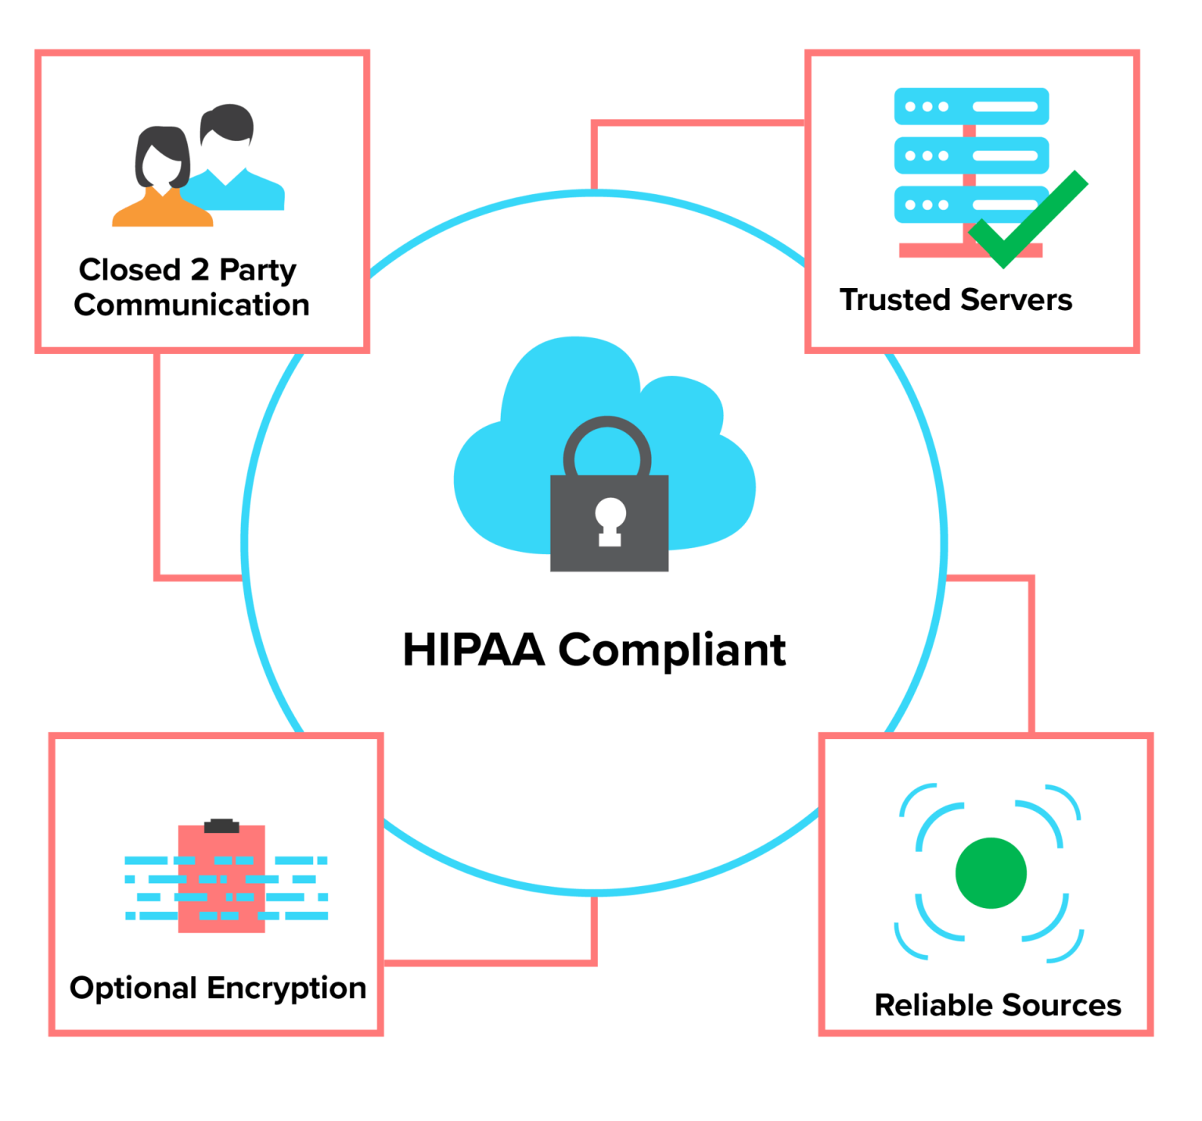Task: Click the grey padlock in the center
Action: (x=609, y=523)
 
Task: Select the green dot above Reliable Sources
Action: (x=991, y=873)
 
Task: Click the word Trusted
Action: (x=896, y=300)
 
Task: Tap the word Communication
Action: (x=192, y=305)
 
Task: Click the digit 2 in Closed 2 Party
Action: (x=200, y=269)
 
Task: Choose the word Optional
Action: (x=133, y=989)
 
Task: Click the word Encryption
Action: (x=287, y=989)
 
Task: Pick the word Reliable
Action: (x=934, y=1005)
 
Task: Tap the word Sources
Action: (x=1061, y=1005)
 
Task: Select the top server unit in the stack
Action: (x=971, y=106)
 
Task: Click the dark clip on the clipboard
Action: (x=221, y=826)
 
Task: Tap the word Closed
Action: (x=130, y=269)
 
